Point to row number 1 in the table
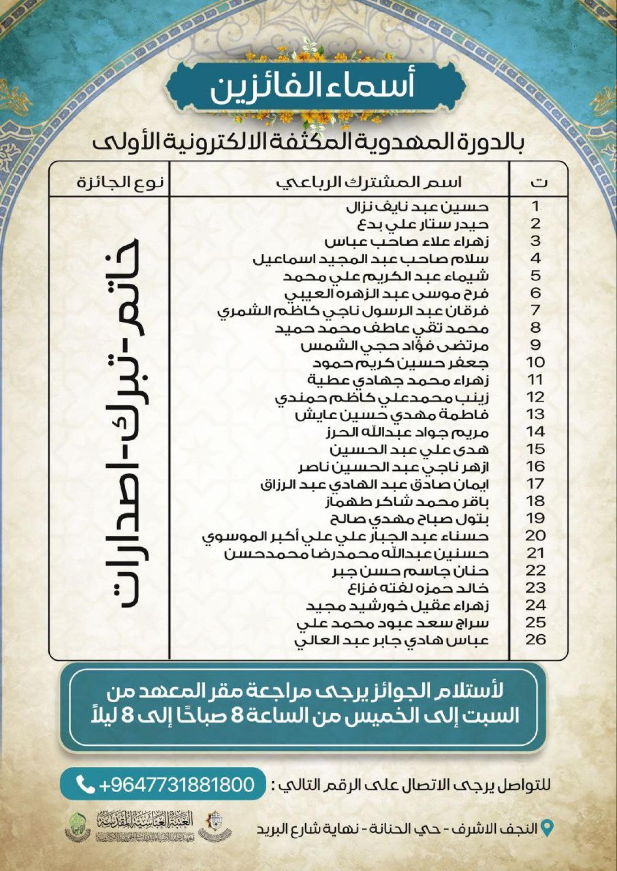coord(536,207)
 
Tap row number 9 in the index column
coord(536,346)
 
